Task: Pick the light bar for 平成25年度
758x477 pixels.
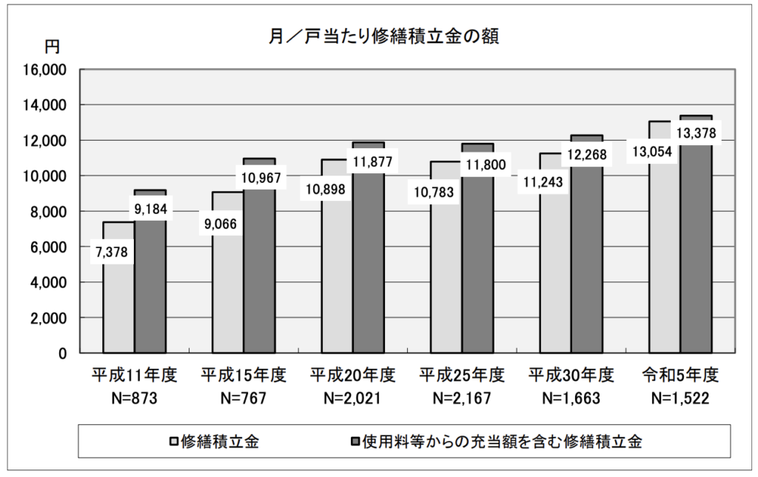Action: pyautogui.click(x=446, y=296)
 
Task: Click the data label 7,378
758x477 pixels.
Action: pyautogui.click(x=112, y=252)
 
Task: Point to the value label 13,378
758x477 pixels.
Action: pyautogui.click(x=697, y=133)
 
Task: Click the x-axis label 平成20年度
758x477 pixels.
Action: pyautogui.click(x=353, y=374)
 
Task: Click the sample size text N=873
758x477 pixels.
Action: pyautogui.click(x=134, y=398)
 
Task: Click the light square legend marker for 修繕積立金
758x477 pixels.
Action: pyautogui.click(x=174, y=442)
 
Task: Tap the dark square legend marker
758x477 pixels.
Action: pyautogui.click(x=355, y=442)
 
